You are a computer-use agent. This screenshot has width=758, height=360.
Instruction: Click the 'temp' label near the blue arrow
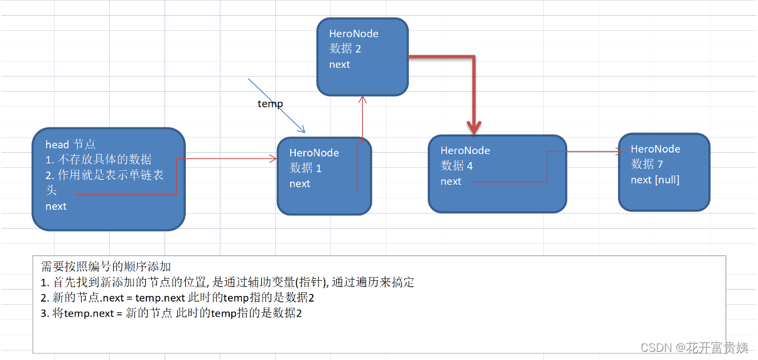270,104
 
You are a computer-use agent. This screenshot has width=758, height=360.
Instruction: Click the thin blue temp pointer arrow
276,106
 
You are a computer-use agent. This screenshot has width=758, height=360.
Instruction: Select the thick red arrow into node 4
473,94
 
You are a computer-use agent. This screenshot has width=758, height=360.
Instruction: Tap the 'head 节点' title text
70,145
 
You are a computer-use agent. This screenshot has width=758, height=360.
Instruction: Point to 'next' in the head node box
56,206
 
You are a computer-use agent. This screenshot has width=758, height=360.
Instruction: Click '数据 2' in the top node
345,49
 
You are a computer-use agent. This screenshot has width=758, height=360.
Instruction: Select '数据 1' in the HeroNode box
305,168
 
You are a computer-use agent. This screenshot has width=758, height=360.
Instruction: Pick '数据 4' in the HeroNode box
457,165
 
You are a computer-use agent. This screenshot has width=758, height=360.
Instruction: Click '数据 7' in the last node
647,164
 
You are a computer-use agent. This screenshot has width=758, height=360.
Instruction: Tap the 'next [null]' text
655,180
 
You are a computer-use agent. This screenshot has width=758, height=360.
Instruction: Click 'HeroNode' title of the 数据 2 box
354,34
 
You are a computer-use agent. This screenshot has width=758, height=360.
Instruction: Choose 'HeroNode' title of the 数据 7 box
656,149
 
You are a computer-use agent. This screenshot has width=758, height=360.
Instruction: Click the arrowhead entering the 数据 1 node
273,159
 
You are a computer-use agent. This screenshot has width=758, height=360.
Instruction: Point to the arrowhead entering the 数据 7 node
619,151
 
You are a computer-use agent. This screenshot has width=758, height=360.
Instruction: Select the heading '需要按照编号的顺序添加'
106,266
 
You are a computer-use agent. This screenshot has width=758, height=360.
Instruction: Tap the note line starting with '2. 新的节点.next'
177,298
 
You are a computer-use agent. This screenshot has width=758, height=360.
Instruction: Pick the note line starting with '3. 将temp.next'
171,313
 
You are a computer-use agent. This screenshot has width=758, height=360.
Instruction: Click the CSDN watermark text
694,347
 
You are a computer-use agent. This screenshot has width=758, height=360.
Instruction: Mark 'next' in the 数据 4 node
451,181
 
